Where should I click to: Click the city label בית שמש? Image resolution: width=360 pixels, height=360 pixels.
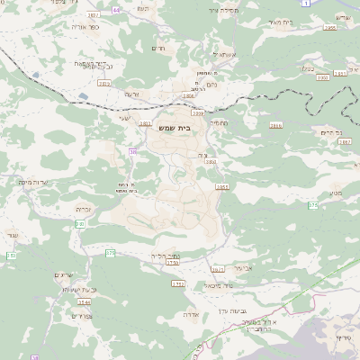(179, 128)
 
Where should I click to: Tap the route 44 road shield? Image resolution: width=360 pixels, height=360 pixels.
(115, 9)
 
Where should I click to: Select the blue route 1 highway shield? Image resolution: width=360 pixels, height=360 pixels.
(307, 4)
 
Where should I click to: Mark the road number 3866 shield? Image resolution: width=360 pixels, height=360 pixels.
(329, 28)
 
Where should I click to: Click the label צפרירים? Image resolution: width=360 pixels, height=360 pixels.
(81, 316)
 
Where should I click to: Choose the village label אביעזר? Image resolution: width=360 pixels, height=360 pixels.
(245, 267)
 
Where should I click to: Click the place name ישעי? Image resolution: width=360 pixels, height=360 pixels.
(124, 117)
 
